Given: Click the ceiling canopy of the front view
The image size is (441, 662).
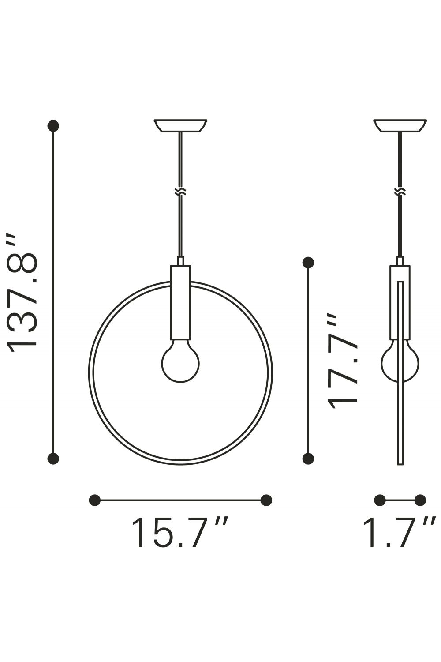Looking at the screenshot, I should click(180, 125).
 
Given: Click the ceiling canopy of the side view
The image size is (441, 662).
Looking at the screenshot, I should click(400, 125).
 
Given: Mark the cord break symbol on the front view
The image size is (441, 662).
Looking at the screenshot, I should click(180, 192).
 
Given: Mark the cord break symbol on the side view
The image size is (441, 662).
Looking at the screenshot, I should click(400, 192).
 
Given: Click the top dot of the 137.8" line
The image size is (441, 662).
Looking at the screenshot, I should click(53, 126).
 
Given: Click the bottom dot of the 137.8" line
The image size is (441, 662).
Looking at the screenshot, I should click(53, 459).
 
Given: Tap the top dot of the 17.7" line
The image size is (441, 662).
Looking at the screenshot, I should click(308, 263).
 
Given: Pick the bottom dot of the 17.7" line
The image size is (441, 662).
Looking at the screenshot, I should click(308, 459).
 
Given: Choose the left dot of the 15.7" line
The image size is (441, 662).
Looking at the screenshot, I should click(94, 500).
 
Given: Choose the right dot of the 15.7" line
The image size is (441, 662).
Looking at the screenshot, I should click(266, 500).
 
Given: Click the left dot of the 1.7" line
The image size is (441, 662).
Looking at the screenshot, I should click(380, 500).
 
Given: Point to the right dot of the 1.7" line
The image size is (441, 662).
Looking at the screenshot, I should click(420, 500).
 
